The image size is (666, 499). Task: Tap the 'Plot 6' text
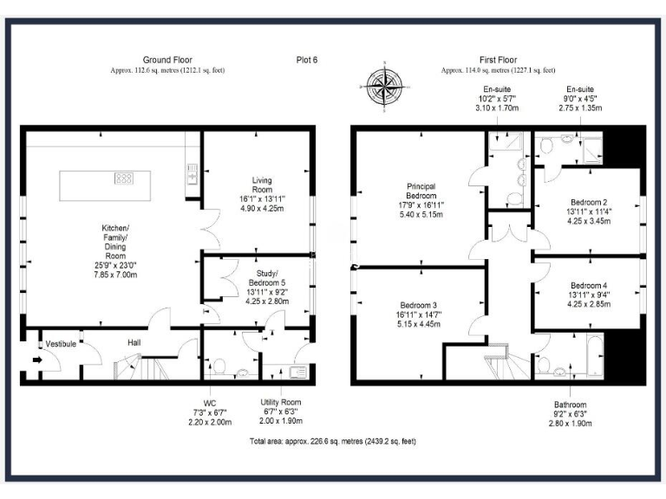308,60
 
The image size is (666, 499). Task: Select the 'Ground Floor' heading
167,60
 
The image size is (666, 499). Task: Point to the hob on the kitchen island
124,178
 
